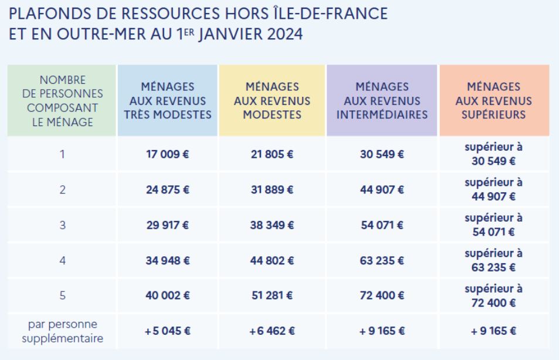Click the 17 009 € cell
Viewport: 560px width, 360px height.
[168, 155]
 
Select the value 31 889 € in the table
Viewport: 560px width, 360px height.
[271, 190]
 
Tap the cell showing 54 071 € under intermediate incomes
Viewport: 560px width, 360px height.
[382, 225]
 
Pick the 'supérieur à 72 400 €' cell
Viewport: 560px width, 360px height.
[493, 296]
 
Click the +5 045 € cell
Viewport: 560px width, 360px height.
[168, 331]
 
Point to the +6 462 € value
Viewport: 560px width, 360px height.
[271, 331]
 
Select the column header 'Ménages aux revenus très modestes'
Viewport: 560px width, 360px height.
[168, 101]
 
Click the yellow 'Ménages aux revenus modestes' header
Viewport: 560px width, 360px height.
[271, 101]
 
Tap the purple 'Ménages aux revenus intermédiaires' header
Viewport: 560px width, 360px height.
[382, 101]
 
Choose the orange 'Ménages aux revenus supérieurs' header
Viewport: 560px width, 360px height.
[493, 101]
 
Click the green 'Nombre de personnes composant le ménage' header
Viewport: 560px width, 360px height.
[62, 101]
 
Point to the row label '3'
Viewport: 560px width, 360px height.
[62, 225]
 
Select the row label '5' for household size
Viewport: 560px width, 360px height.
[62, 296]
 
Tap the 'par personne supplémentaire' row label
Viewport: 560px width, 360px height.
[62, 331]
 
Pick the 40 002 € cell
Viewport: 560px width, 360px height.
[168, 296]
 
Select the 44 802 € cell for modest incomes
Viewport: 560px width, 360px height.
[271, 261]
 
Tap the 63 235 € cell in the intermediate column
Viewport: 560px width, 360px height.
[382, 261]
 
